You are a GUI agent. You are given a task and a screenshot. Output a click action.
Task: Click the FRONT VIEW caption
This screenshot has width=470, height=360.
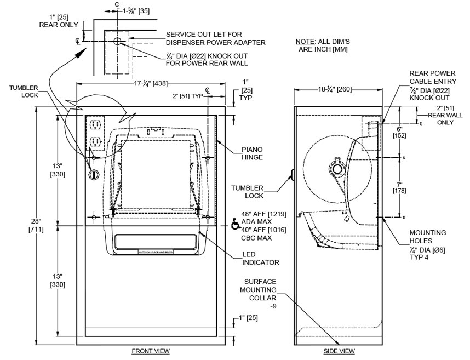[x=151, y=351]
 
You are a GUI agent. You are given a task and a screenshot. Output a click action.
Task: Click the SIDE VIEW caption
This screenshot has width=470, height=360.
[x=340, y=351]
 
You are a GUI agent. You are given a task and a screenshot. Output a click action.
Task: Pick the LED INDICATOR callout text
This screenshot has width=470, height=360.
[x=261, y=258]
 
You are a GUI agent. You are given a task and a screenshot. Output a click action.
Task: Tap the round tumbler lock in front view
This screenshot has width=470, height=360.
[x=93, y=174]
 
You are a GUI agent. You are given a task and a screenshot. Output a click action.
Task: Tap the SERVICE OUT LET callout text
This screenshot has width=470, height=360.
[x=216, y=38]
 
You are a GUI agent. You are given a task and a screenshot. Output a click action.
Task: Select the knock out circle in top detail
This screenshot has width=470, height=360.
[x=117, y=41]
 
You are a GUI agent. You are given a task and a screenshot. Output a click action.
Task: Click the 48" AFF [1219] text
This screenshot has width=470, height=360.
[x=265, y=214]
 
